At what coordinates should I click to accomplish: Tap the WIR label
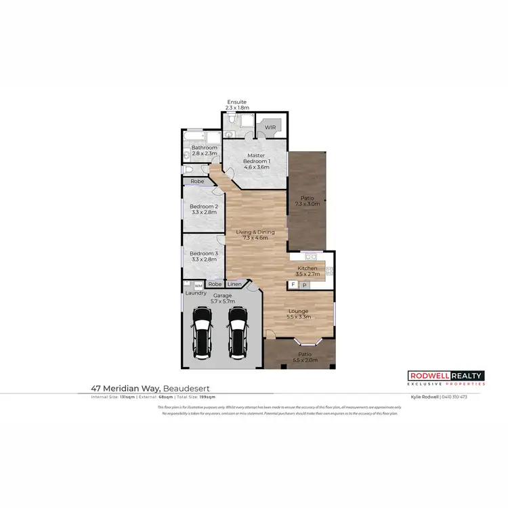pos(270,127)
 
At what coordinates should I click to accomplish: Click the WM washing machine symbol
pos(198,286)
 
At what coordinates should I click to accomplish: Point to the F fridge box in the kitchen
pos(293,285)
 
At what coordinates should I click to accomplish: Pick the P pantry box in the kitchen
pos(304,285)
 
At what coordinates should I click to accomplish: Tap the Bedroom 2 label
pos(203,207)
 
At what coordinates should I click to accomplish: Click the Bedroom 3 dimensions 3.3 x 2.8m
pos(203,259)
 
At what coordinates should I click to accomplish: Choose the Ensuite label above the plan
pos(237,102)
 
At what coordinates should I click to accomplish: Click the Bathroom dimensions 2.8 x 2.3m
pos(204,154)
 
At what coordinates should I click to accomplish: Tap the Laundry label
pos(196,293)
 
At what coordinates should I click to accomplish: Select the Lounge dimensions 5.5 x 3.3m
pos(298,317)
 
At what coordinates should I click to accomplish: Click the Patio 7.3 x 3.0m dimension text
pos(307,204)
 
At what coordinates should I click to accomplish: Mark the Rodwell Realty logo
pos(446,377)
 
